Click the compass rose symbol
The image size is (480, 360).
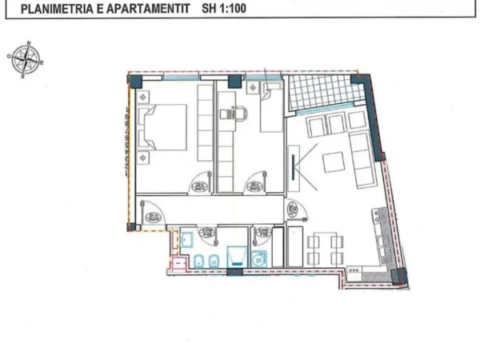(26, 60)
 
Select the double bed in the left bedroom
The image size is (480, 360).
(163, 128)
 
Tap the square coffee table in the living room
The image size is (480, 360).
(333, 162)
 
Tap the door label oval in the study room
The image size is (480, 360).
(257, 187)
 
